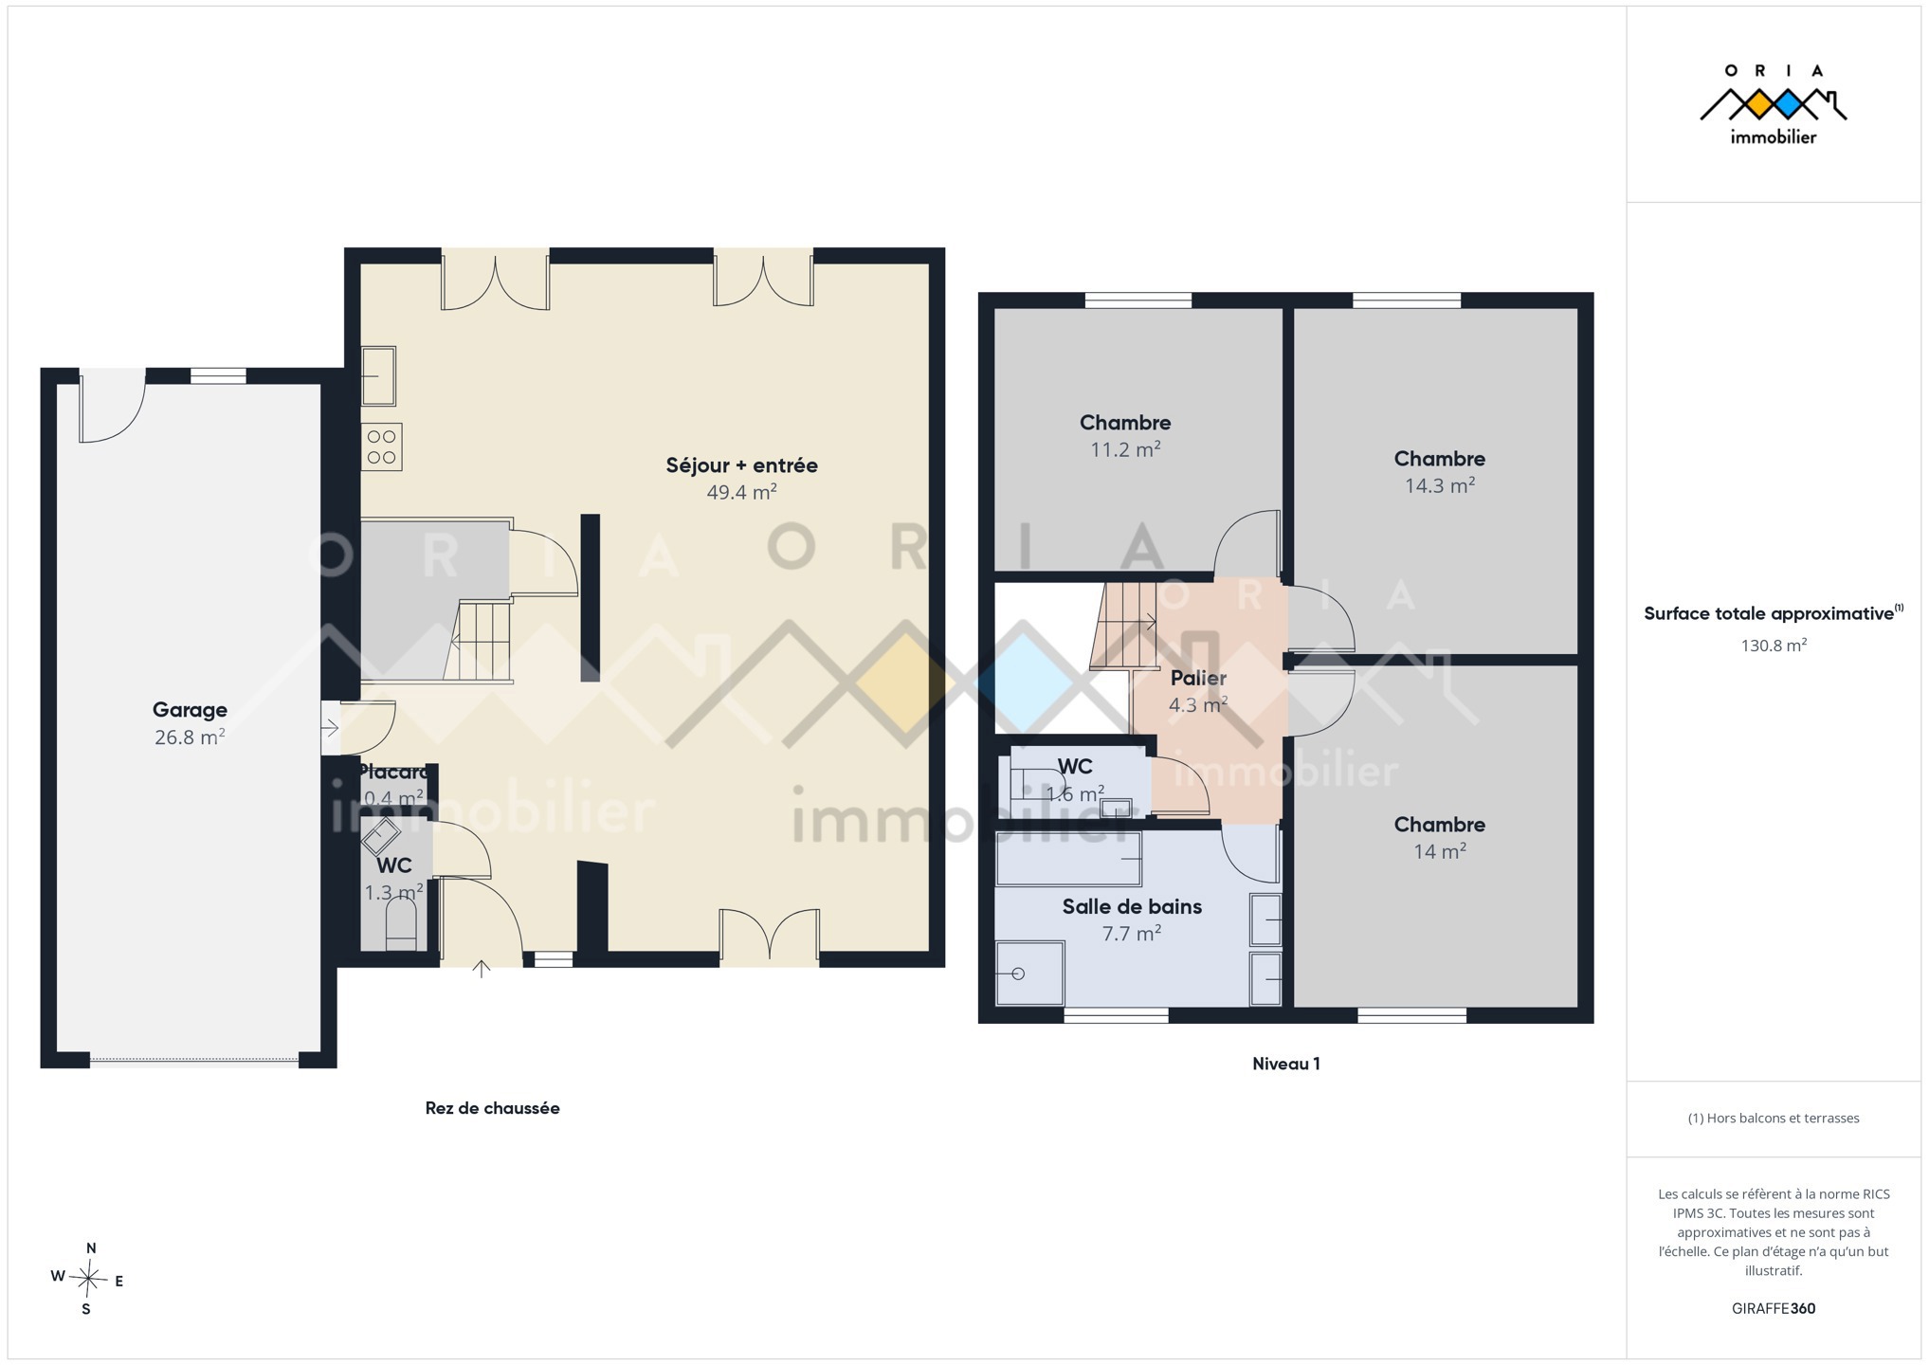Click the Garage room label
point(190,710)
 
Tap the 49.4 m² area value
point(741,492)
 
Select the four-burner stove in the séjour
point(381,447)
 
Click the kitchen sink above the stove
point(378,376)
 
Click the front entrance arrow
point(482,969)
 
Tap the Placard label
point(393,772)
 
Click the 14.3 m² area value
point(1439,485)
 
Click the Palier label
point(1198,678)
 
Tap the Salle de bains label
point(1132,906)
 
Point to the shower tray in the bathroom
point(1029,973)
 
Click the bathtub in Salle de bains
point(1068,859)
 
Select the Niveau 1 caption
point(1285,1064)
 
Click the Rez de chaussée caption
point(492,1108)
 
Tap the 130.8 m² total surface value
point(1773,646)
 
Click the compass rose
point(88,1279)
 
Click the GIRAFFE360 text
point(1773,1308)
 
